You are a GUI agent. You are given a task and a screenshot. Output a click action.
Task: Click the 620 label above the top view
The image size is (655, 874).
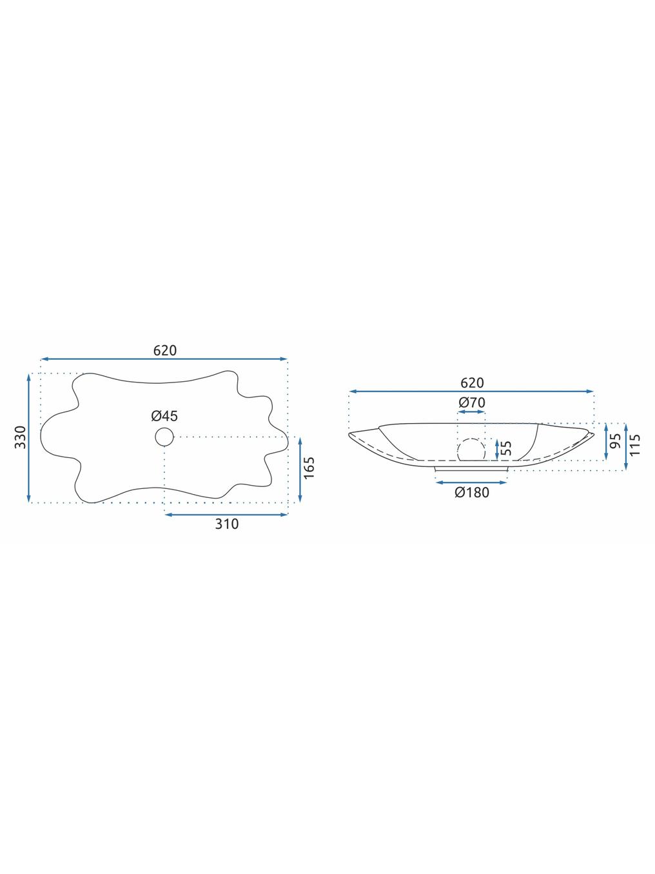165,350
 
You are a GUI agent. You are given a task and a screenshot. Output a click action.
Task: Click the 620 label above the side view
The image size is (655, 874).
472,382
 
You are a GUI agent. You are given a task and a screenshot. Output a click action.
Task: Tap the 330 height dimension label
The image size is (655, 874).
20,437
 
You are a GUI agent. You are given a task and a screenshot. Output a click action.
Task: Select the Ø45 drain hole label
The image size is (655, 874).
164,416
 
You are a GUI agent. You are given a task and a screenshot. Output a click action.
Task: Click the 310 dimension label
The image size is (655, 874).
227,524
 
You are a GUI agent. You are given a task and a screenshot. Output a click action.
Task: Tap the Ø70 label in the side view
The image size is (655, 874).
472,402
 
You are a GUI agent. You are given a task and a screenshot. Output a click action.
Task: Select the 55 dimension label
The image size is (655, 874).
507,448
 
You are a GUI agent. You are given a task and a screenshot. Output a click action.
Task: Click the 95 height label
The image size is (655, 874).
616,441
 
